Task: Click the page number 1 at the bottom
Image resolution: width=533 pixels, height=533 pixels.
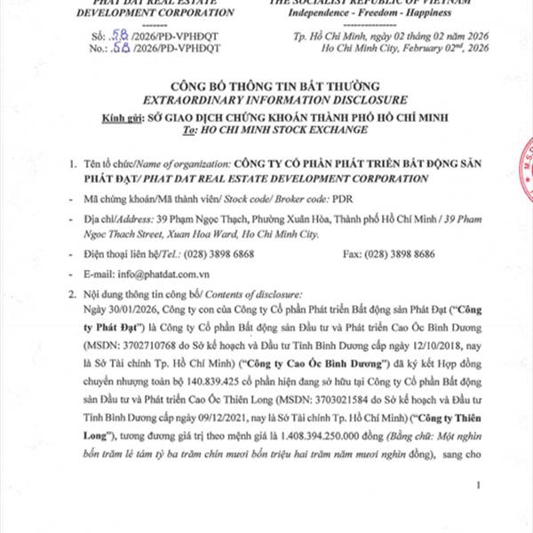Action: coord(480,485)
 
